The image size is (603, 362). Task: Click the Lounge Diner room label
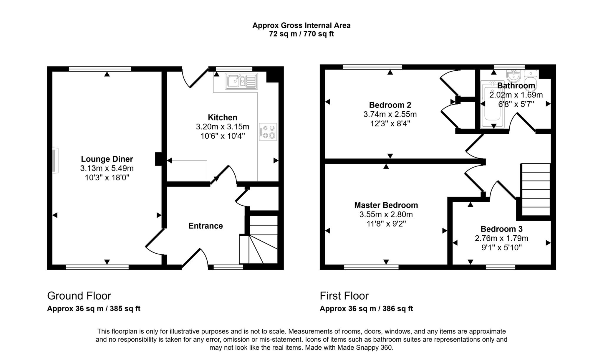(107, 159)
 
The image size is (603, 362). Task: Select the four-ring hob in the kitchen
(268, 132)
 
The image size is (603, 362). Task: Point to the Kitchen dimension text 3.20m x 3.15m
(223, 127)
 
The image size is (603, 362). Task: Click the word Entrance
(206, 226)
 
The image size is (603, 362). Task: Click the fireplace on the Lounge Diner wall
(55, 161)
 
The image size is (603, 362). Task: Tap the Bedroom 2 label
(390, 105)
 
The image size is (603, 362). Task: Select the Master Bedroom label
(386, 205)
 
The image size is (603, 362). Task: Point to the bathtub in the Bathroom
(492, 105)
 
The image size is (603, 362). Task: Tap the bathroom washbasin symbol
(514, 76)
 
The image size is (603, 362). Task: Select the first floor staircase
(536, 189)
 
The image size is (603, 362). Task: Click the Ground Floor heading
(79, 296)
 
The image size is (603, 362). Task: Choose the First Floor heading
(344, 296)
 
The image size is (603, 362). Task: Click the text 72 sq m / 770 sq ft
(301, 34)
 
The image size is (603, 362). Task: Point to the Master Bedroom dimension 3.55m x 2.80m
(386, 214)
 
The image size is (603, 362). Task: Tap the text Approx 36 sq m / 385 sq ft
(94, 309)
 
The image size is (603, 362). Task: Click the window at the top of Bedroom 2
(372, 67)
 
